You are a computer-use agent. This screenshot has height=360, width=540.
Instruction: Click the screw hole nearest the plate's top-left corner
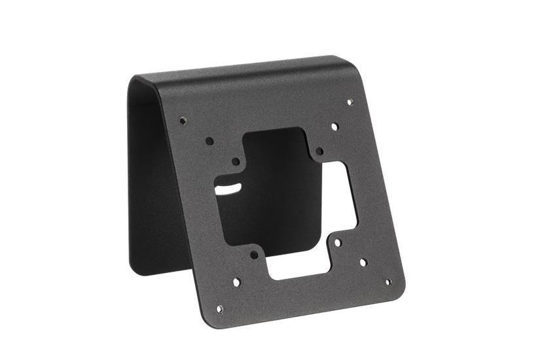pos(183,120)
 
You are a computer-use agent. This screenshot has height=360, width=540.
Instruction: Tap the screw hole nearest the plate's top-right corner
pos(350,102)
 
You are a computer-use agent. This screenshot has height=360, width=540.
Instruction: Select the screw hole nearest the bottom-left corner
pos(219,308)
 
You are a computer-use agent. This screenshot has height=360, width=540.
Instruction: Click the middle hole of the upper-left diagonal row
pos(209,141)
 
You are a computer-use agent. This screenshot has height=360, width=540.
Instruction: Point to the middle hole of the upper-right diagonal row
pos(334,126)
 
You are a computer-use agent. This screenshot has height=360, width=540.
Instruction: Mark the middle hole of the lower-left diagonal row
pos(236,282)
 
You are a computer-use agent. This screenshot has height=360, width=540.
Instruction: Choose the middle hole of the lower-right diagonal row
pos(363,262)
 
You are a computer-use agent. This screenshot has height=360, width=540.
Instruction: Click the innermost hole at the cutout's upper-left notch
pos(236,161)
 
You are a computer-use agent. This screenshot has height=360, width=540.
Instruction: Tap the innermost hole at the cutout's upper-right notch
pos(319,151)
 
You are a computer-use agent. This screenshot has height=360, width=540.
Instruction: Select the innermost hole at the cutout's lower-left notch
pos(254,255)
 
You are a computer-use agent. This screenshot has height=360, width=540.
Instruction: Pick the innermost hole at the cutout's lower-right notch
pos(338,242)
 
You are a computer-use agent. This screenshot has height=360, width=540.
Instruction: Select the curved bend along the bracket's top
pos(249,68)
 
